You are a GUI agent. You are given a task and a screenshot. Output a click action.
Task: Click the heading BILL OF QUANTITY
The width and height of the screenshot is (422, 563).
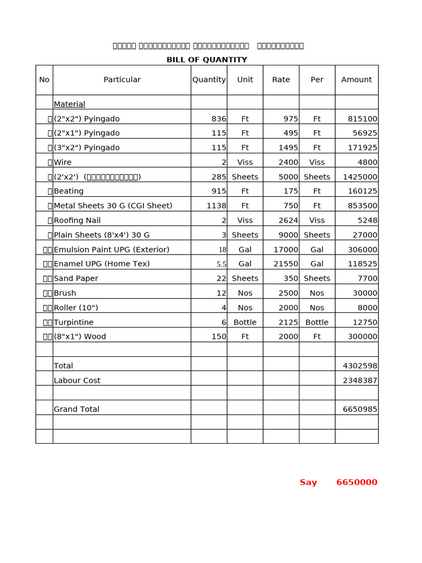point(207,60)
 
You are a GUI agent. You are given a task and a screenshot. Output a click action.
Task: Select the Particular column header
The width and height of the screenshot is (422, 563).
point(122,80)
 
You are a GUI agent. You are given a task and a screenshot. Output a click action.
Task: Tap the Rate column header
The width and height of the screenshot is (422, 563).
point(281,80)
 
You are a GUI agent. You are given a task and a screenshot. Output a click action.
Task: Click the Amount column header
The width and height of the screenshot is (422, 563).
point(357,80)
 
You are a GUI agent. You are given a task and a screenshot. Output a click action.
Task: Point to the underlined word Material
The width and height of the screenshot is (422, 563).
point(69,104)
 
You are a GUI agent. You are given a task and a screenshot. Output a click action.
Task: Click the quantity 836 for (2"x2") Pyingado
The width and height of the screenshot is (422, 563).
point(219,119)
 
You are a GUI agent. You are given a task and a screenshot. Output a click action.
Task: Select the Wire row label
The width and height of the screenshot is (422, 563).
point(63,162)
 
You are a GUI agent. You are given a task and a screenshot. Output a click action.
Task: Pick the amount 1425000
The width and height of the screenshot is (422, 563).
point(360,177)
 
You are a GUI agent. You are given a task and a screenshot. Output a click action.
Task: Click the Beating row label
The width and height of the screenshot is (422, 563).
point(69,191)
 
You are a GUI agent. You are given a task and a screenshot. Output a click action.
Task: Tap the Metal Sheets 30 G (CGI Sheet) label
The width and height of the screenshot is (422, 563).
point(113,206)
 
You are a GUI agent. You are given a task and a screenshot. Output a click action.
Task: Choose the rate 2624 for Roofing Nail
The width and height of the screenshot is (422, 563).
point(288,220)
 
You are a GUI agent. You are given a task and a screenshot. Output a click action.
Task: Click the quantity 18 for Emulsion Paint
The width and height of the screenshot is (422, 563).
point(222,250)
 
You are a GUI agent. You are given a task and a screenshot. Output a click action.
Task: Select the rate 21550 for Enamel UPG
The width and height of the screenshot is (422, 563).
point(286,264)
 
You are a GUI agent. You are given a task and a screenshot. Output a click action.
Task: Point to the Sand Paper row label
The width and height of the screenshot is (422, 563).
point(76,279)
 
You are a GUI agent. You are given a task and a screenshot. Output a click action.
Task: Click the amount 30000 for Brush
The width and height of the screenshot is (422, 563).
point(365,293)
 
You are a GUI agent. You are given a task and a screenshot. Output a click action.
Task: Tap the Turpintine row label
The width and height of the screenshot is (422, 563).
point(74,322)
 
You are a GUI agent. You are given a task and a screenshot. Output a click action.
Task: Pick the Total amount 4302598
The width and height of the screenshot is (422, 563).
point(360,366)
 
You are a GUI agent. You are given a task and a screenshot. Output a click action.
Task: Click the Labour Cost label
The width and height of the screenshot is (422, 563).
point(77,380)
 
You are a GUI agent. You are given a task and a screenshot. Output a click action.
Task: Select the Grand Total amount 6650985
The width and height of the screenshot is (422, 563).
point(360,409)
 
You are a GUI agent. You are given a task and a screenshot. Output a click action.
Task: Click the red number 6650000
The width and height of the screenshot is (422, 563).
point(357,482)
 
